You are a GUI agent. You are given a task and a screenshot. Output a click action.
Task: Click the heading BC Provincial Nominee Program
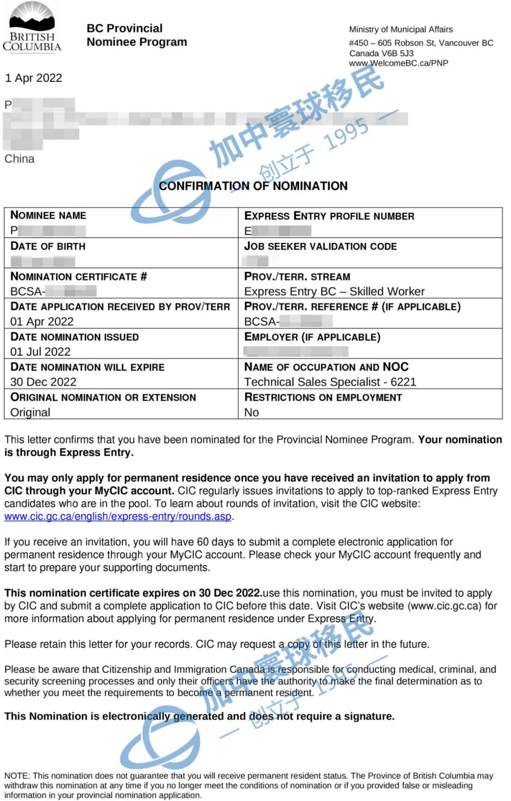click(137, 35)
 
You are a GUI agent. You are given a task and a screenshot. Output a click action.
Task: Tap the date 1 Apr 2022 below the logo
click(34, 78)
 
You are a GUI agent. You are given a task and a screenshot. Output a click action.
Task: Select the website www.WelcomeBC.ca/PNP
click(398, 63)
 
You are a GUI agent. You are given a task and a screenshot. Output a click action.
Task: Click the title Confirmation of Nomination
click(253, 186)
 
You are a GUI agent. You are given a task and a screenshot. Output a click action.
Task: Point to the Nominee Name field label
click(48, 216)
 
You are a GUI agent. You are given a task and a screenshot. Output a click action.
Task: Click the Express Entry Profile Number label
click(329, 216)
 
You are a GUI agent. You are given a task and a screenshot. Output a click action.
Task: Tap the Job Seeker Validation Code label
click(320, 246)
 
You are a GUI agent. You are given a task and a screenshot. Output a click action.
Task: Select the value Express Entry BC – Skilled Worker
click(334, 291)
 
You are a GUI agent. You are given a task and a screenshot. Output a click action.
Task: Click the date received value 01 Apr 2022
click(42, 322)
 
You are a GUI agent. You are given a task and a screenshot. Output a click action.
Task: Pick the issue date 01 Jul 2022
click(41, 352)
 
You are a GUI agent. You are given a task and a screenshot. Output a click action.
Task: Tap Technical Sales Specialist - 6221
click(330, 382)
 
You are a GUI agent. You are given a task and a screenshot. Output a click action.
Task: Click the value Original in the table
click(30, 413)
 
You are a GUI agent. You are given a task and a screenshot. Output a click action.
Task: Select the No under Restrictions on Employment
click(251, 413)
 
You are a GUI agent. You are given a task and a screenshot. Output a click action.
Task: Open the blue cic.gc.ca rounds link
click(118, 517)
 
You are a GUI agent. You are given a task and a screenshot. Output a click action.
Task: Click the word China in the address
click(19, 159)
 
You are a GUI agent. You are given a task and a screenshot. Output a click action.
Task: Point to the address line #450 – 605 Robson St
click(421, 43)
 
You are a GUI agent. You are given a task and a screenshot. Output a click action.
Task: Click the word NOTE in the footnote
click(17, 776)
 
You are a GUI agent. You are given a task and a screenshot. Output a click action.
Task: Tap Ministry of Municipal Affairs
click(401, 29)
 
